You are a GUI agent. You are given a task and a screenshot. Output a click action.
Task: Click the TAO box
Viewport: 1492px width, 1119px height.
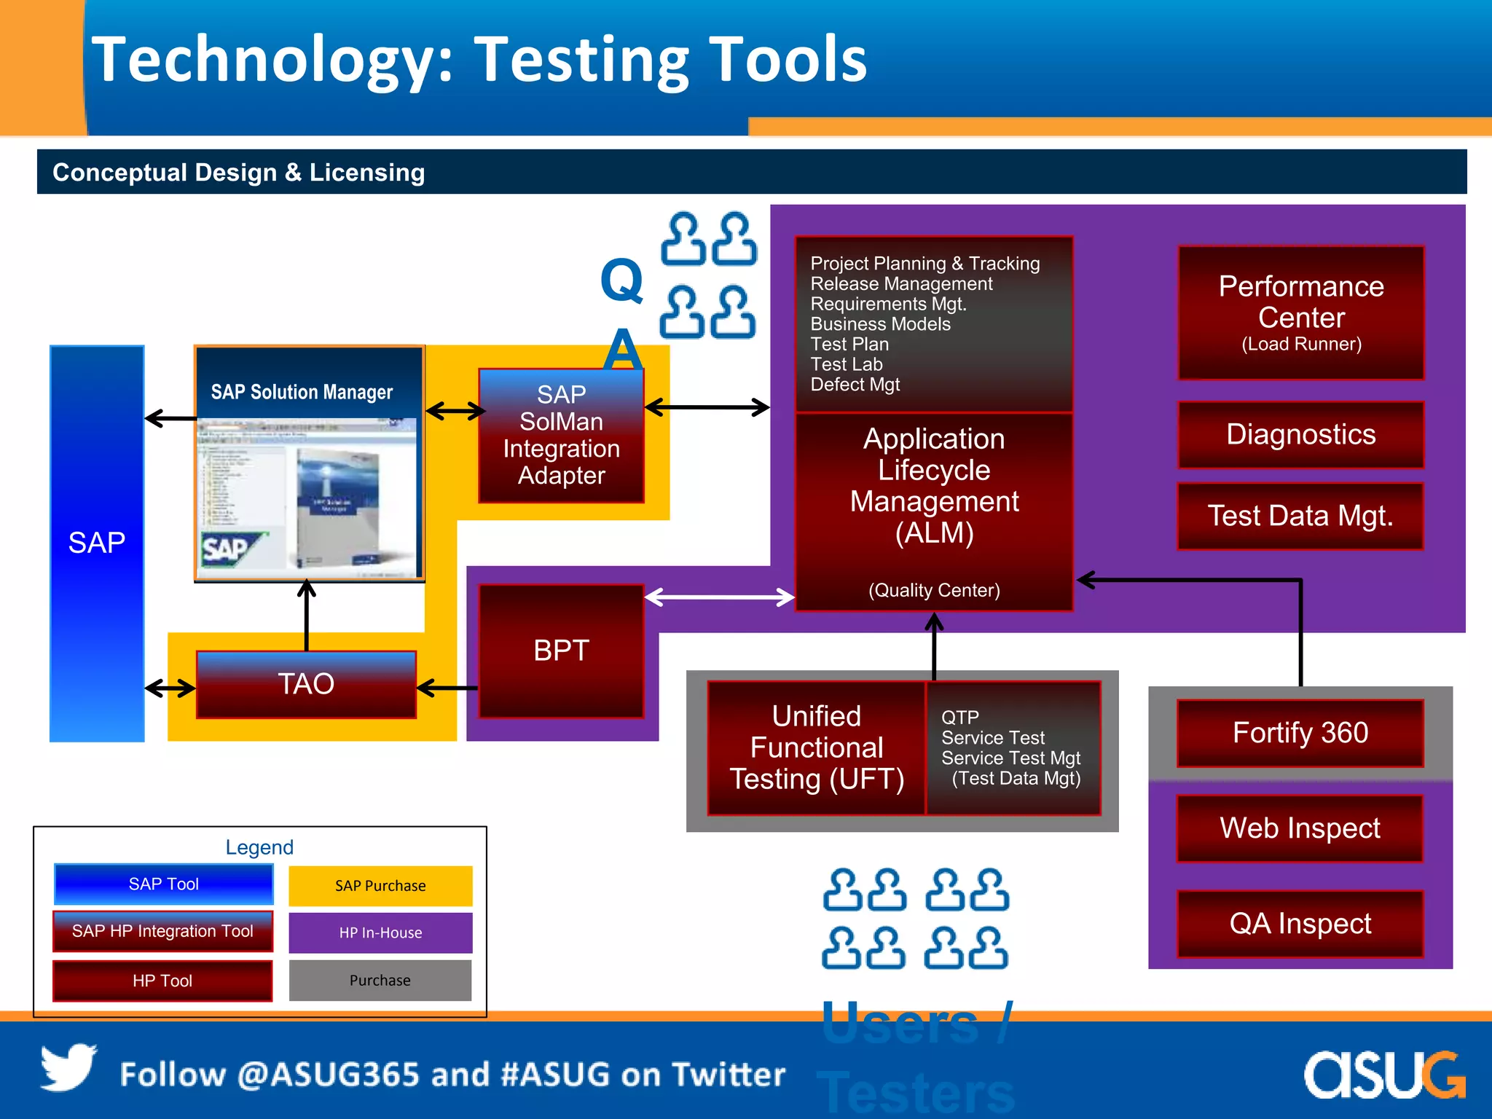306,685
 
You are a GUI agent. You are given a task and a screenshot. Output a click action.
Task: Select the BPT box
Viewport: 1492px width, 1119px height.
561,651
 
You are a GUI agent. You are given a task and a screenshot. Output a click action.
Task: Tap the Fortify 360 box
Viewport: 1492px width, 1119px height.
1300,733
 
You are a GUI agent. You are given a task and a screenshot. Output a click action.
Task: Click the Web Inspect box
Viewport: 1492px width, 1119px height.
1300,828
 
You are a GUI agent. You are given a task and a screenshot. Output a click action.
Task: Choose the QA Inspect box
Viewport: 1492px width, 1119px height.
1300,924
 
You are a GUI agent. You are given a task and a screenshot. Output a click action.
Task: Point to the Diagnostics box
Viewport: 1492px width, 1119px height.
1301,435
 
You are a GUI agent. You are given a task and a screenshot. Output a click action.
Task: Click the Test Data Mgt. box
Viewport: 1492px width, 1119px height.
1300,516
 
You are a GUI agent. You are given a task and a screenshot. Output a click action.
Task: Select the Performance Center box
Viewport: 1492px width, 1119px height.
1301,313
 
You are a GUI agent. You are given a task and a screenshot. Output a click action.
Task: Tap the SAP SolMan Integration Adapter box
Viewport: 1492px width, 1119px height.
561,435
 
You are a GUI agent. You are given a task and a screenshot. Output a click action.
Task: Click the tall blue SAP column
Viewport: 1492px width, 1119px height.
97,543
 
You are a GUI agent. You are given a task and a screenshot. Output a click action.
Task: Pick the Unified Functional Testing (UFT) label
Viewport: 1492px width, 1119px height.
817,747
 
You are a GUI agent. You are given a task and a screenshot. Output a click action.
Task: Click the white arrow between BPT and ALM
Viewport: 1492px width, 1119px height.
719,597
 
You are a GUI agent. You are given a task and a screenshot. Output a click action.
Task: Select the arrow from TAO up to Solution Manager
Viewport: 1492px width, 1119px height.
307,616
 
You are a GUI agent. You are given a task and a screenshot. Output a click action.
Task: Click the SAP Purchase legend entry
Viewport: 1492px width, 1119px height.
380,886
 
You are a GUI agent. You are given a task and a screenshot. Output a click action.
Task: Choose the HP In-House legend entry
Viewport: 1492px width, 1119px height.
380,933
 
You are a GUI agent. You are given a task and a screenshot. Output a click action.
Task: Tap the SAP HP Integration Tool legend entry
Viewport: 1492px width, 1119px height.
162,931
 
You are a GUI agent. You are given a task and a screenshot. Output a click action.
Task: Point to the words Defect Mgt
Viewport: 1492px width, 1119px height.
855,385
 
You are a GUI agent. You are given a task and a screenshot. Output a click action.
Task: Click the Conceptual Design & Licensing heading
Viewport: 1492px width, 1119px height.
239,173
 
